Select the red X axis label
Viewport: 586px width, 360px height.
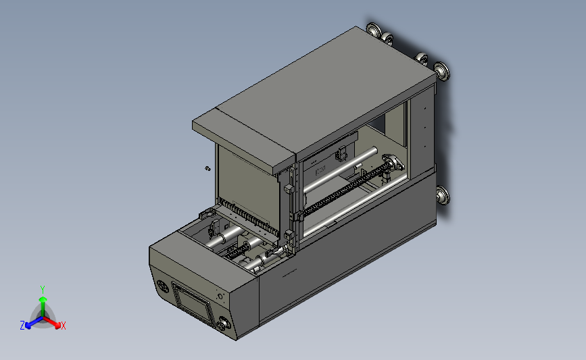pyautogui.click(x=63, y=326)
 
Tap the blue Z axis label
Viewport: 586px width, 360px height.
pyautogui.click(x=22, y=326)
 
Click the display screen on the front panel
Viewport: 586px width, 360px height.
pyautogui.click(x=193, y=303)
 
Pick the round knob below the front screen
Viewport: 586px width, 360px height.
pyautogui.click(x=224, y=324)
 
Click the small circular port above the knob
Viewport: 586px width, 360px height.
pyautogui.click(x=220, y=297)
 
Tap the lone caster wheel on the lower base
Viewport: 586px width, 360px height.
pyautogui.click(x=443, y=195)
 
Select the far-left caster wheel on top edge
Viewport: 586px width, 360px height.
pyautogui.click(x=373, y=29)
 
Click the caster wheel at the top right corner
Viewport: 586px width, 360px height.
pyautogui.click(x=442, y=71)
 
